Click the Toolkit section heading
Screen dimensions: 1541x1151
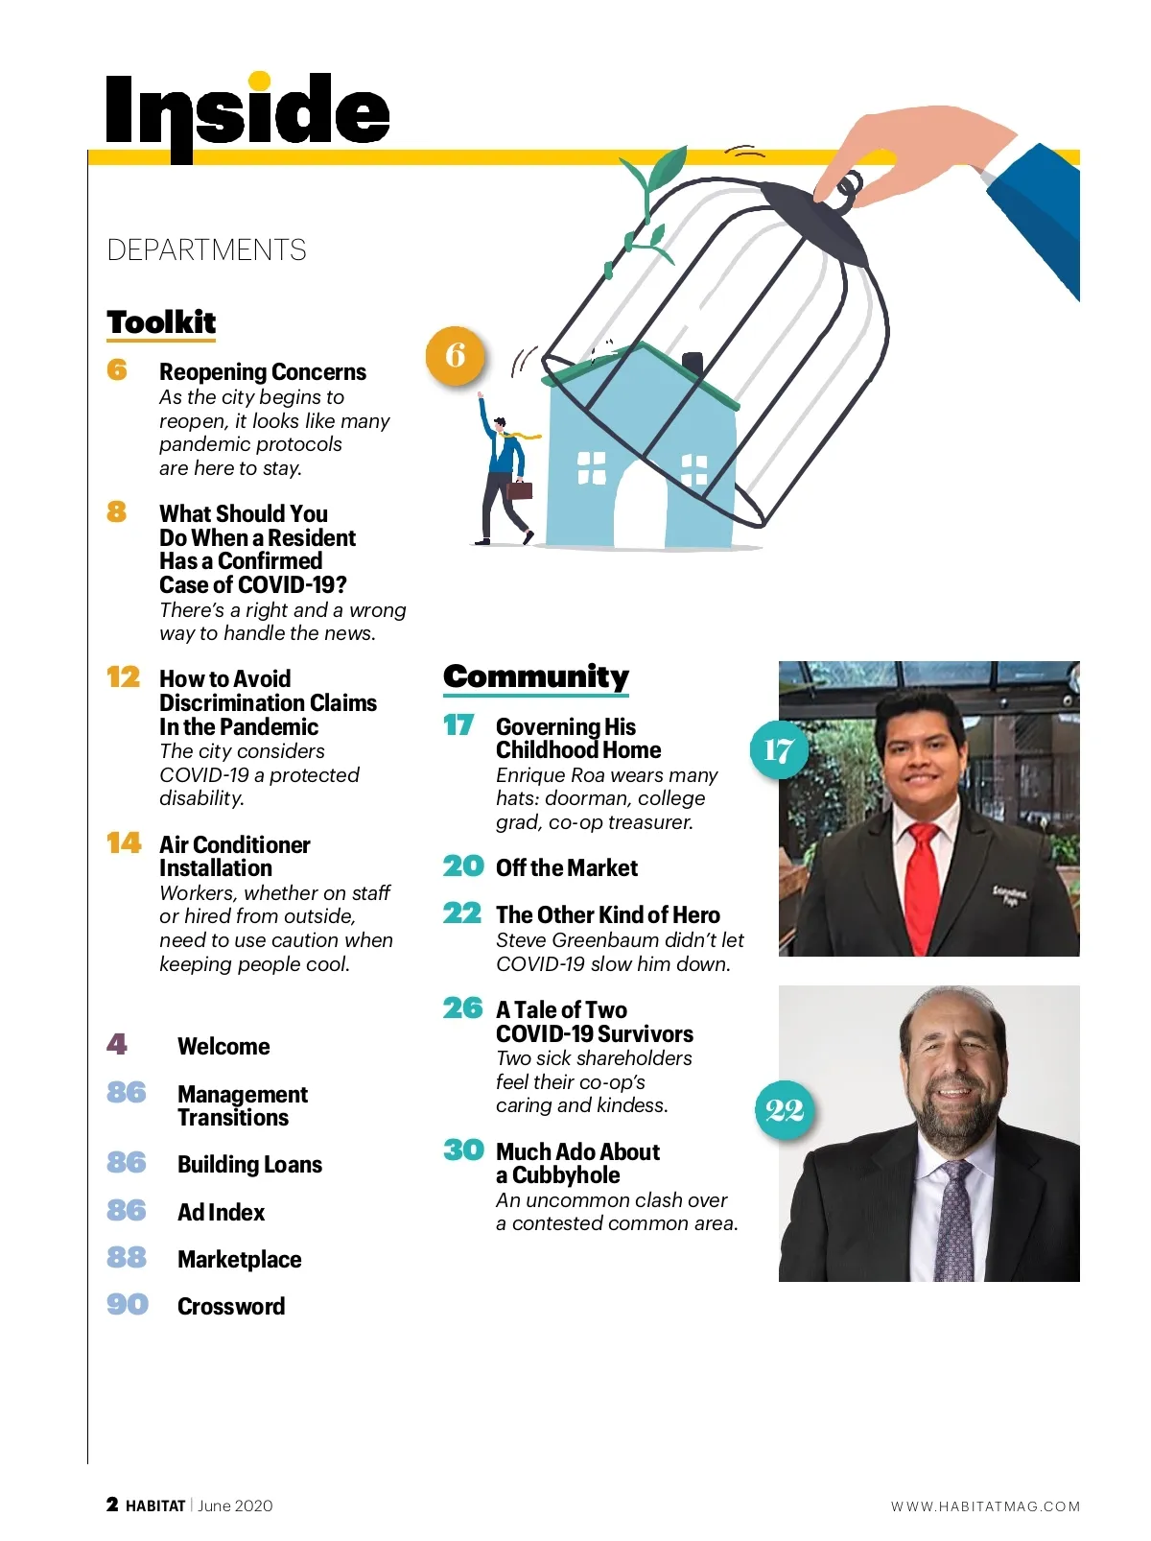[161, 322]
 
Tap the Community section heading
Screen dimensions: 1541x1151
[535, 676]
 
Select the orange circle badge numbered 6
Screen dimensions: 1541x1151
[455, 355]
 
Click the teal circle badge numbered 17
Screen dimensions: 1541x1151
[778, 749]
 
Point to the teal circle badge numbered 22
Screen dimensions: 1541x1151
[785, 1110]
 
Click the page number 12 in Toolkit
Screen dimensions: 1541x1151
[123, 677]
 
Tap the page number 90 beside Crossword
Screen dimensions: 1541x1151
[128, 1305]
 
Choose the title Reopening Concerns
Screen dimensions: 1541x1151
[263, 372]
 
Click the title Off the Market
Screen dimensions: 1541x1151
[566, 868]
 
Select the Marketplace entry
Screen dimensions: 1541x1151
[239, 1260]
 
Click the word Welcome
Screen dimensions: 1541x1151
[223, 1047]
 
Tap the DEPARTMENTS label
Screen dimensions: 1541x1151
[206, 250]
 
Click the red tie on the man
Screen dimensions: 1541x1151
[923, 883]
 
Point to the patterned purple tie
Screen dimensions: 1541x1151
[955, 1219]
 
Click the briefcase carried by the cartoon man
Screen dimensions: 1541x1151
[519, 489]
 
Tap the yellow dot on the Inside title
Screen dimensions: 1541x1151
[259, 82]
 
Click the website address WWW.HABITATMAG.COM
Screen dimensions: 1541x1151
[985, 1506]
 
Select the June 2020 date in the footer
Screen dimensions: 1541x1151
[235, 1505]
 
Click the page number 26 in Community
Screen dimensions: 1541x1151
[462, 1008]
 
